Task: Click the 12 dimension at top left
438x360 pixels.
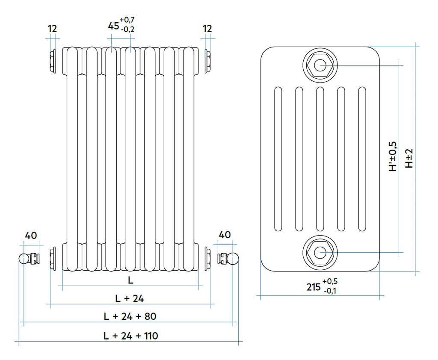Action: [52, 29]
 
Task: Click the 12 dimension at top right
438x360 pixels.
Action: [207, 29]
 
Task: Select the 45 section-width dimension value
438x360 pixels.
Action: [113, 26]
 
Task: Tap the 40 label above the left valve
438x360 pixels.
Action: [31, 235]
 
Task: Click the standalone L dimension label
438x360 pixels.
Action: [130, 280]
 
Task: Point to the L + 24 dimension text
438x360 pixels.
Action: [130, 298]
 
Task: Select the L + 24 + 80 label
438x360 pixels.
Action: [130, 316]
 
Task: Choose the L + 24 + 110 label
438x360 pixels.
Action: [130, 336]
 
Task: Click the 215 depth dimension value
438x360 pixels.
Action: [313, 287]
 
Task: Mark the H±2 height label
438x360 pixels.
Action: [410, 158]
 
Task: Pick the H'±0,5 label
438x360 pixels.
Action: [393, 157]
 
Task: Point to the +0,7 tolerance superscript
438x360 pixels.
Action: [127, 20]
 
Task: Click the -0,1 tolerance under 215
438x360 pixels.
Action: [330, 291]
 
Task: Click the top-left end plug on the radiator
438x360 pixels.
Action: [53, 62]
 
